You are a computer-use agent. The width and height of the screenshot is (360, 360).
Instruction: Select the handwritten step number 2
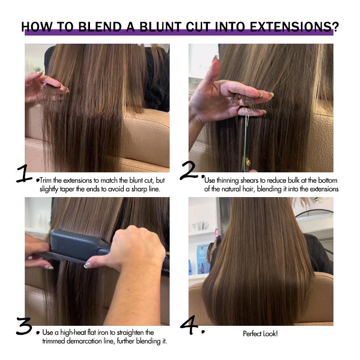[190, 171]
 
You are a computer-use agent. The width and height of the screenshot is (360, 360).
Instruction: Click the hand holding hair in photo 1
[45, 85]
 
